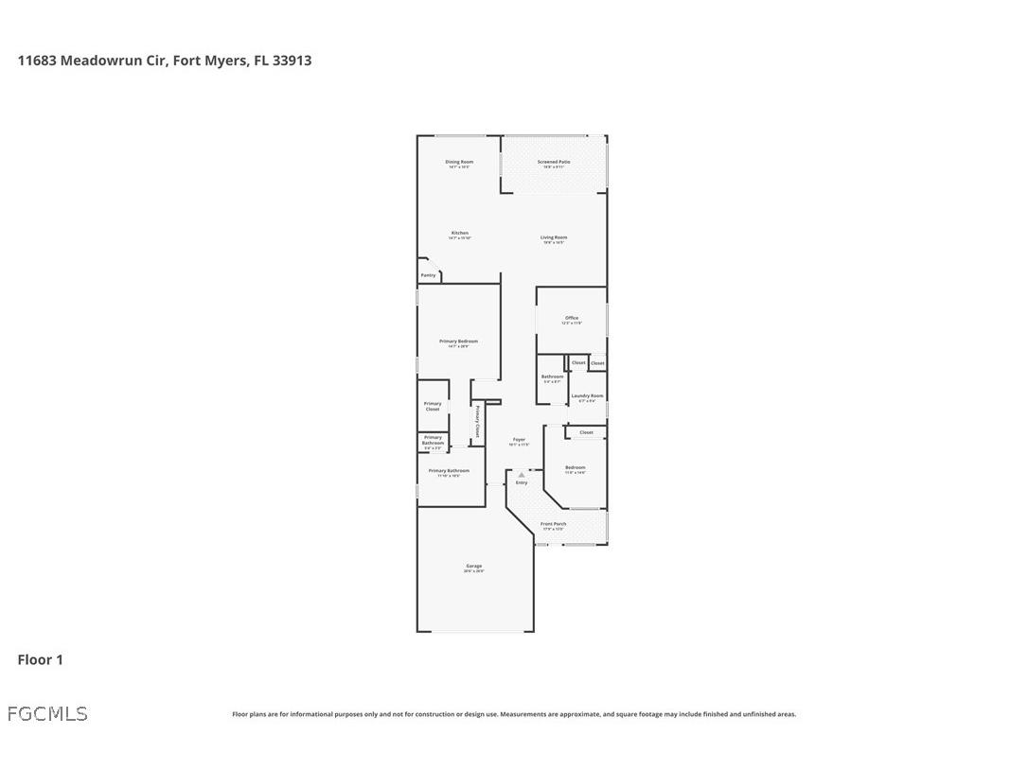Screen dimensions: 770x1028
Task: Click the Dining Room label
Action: pos(459,163)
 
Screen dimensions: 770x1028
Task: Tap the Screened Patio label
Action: pos(554,163)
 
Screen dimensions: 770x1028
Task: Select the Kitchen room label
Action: pos(459,234)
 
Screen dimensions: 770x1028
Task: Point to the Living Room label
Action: pos(554,238)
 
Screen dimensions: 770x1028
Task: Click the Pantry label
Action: pos(429,275)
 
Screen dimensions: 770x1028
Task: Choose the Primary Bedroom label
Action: pos(458,341)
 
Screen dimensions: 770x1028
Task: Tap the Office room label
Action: pos(572,319)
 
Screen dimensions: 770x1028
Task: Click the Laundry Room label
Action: pos(587,396)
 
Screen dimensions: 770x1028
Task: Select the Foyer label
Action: pos(519,440)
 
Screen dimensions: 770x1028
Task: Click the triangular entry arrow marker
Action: pos(521,475)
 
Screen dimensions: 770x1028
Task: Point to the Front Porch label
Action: pos(554,524)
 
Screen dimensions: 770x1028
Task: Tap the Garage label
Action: pos(473,567)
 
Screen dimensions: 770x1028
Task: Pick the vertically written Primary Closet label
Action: pos(477,425)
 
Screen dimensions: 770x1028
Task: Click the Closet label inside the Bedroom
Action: pos(586,432)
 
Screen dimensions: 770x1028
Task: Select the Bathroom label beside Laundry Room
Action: pos(552,377)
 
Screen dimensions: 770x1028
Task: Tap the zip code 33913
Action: pos(292,61)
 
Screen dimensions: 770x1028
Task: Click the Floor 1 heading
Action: pos(40,659)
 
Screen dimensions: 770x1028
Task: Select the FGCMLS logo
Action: pos(47,714)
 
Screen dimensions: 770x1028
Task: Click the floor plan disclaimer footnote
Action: pos(514,714)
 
